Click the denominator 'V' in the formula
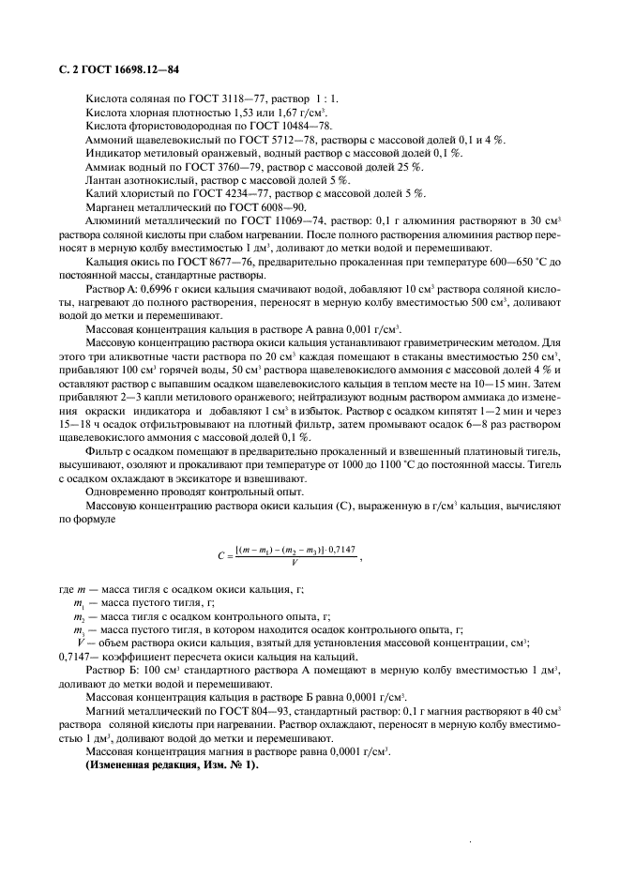tap(295, 563)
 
